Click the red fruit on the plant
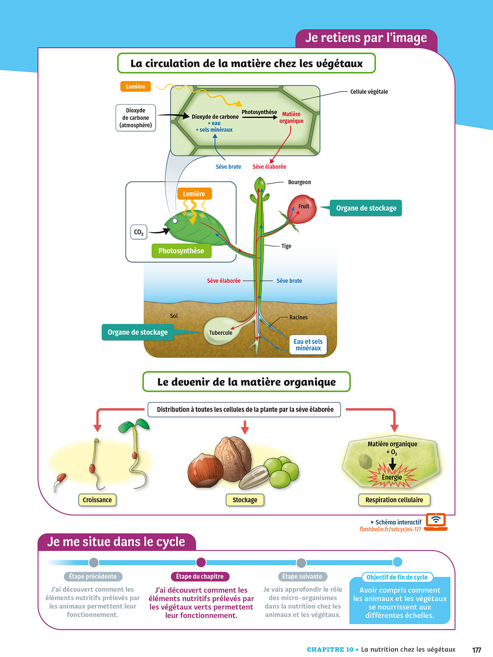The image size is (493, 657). [302, 210]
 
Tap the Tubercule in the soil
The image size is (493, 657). [220, 332]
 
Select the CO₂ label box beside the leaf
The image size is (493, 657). [138, 232]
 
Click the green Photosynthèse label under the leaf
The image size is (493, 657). [181, 251]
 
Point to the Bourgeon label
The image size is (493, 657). [299, 182]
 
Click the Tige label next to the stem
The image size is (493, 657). [286, 246]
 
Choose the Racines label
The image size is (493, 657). [298, 318]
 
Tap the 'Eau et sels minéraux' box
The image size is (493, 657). [308, 345]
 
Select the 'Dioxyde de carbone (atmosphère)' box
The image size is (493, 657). [135, 118]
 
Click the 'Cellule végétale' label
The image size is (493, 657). [369, 92]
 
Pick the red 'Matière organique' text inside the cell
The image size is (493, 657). [291, 117]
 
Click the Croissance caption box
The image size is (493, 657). [97, 500]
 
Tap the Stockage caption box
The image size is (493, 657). [245, 500]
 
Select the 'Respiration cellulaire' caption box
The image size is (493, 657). [394, 500]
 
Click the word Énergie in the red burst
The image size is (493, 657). [392, 477]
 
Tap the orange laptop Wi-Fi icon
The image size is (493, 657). [436, 521]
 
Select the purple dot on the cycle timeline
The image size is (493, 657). [201, 562]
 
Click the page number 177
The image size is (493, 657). [476, 650]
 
